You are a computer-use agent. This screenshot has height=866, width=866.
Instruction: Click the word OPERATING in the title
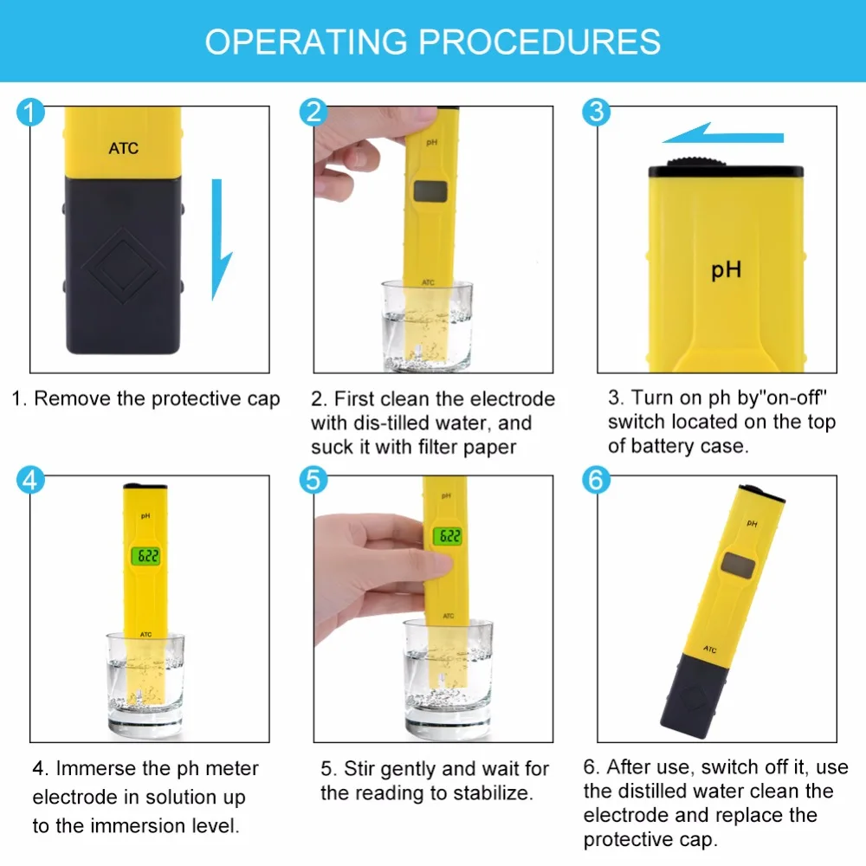tap(307, 42)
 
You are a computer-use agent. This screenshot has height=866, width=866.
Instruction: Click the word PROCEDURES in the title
tap(539, 42)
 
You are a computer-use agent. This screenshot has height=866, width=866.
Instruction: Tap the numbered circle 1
tap(30, 112)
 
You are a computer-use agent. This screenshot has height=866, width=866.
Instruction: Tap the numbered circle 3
tap(597, 112)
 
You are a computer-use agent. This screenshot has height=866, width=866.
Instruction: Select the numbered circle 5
tap(313, 480)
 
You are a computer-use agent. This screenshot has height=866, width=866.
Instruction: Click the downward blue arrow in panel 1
tap(220, 240)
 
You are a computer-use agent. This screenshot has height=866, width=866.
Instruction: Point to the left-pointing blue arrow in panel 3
tap(723, 133)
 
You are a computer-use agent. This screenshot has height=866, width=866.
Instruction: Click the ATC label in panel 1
tap(123, 148)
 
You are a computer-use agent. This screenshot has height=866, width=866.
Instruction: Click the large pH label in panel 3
tap(726, 270)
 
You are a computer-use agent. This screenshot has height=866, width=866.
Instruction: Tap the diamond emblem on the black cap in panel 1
tap(123, 266)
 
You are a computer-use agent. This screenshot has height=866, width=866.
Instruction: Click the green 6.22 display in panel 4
tap(145, 556)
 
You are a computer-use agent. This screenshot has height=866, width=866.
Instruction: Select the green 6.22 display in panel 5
tap(448, 536)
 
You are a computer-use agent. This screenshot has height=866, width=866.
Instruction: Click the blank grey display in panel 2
tap(430, 191)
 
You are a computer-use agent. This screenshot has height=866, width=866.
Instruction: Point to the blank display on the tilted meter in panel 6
tap(738, 565)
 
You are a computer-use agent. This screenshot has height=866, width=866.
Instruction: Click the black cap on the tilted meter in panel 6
tap(693, 696)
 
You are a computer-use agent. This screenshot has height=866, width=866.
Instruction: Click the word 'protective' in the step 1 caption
tap(196, 398)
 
